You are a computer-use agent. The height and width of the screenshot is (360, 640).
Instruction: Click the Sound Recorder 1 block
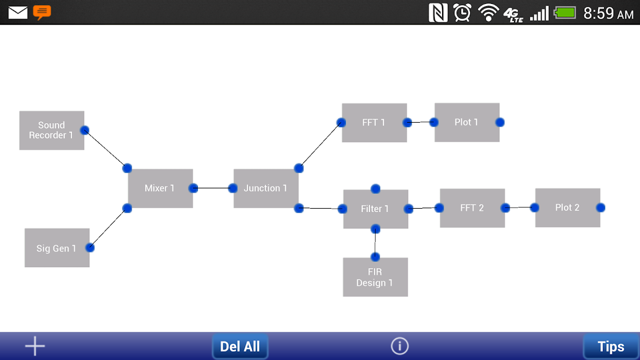(x=52, y=130)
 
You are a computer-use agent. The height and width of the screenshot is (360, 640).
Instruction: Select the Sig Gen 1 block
(x=57, y=247)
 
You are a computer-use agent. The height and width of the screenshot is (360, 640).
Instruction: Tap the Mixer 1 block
(x=160, y=188)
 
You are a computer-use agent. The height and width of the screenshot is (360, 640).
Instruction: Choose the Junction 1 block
(x=266, y=188)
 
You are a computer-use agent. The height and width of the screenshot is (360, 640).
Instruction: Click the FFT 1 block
(x=375, y=123)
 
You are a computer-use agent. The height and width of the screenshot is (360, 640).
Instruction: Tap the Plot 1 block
(x=467, y=122)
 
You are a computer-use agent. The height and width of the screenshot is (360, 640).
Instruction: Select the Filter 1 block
(x=376, y=209)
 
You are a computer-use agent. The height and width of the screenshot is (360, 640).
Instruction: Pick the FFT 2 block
(x=472, y=208)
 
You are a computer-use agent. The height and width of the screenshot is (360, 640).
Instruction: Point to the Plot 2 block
(x=568, y=208)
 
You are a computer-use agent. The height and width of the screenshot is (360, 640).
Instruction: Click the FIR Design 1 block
(x=375, y=277)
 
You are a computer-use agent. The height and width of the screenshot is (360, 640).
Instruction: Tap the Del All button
(x=240, y=346)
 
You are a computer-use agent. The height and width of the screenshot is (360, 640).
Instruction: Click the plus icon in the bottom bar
(x=35, y=346)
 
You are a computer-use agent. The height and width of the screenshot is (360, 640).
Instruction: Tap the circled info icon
(x=400, y=346)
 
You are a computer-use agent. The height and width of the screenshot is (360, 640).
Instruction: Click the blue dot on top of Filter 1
(x=376, y=188)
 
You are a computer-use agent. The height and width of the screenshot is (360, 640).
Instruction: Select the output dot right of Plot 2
(x=601, y=208)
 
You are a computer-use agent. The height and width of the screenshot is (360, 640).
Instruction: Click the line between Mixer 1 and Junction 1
(x=213, y=188)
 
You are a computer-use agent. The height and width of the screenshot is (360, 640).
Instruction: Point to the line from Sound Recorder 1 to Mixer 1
(x=106, y=149)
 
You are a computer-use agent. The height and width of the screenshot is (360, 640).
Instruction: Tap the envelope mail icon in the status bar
(x=18, y=12)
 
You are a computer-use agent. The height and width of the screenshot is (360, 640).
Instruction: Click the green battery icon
(x=565, y=12)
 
